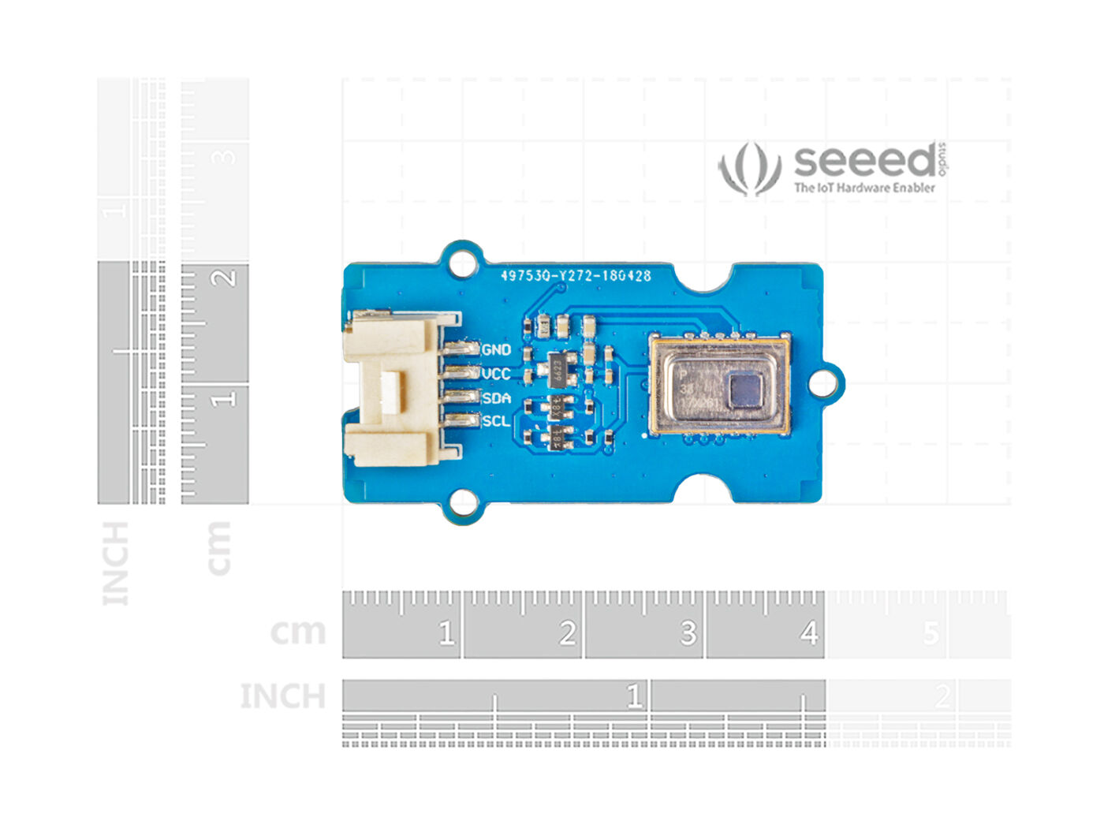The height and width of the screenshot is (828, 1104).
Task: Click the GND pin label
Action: pos(496,349)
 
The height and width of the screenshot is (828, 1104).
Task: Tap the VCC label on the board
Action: pos(496,374)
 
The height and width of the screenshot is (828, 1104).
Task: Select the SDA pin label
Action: pos(496,397)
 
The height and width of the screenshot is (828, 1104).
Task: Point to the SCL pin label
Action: pos(496,421)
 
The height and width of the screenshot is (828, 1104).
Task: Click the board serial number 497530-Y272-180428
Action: pos(576,276)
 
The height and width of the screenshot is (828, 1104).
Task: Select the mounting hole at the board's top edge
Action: pos(462,263)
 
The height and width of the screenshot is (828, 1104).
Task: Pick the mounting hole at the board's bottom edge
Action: pos(463,502)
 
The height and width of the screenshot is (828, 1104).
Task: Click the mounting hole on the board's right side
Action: pos(822,383)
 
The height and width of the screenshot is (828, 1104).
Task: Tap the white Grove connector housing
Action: pos(391,388)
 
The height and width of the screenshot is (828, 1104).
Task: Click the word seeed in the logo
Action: pos(865,161)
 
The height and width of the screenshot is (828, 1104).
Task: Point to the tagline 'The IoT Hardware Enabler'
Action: pos(864,188)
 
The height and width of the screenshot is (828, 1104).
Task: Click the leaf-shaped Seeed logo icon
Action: pos(749,168)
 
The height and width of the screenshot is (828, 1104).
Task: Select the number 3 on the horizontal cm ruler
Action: pos(688,632)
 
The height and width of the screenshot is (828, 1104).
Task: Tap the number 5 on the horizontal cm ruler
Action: pos(931,632)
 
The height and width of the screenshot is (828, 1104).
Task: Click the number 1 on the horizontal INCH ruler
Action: pos(633,696)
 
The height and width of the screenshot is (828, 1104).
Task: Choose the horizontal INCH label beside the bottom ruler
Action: pos(282,696)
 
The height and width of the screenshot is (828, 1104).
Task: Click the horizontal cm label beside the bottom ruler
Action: pos(297,632)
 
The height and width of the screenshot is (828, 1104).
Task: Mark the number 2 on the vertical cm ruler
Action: pos(225,278)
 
